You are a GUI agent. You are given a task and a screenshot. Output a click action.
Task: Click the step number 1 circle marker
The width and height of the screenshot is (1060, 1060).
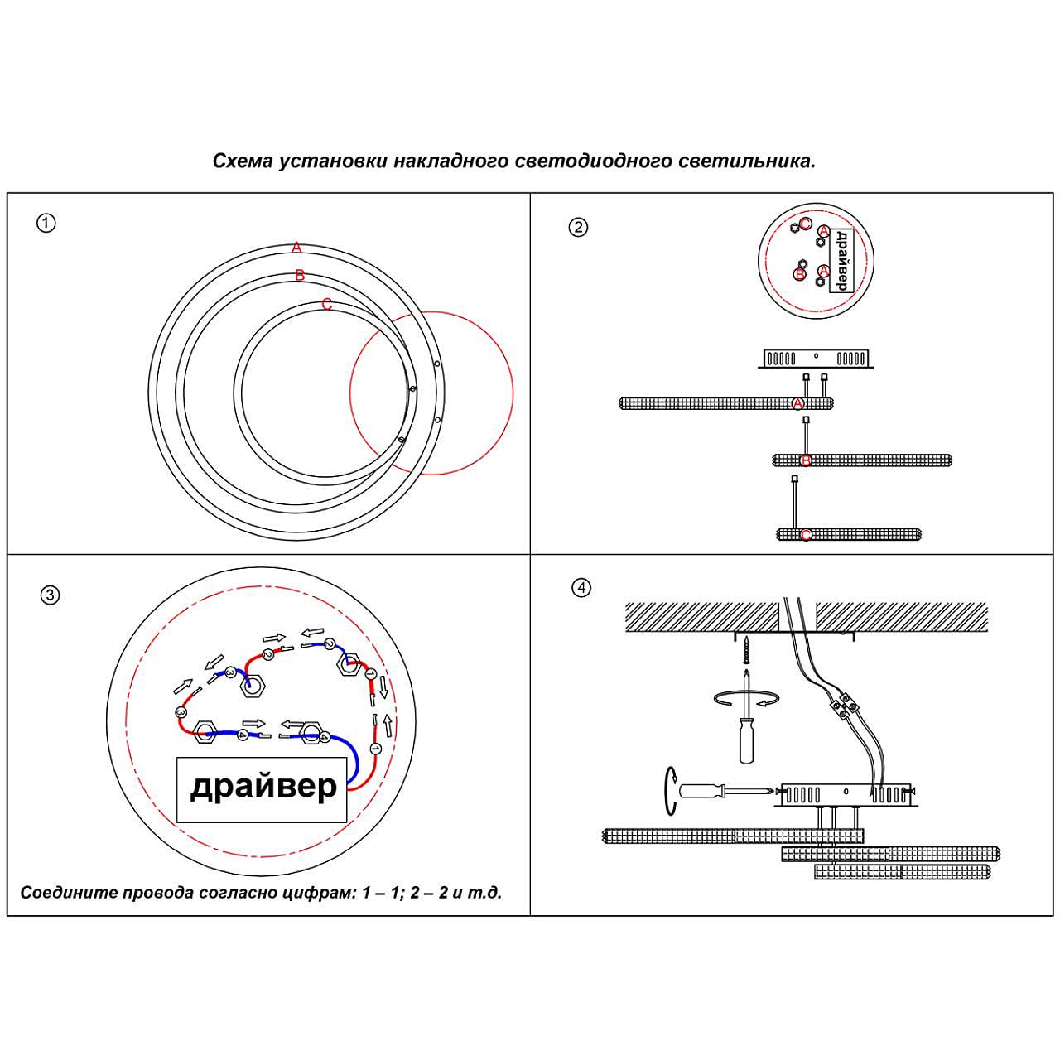[46, 223]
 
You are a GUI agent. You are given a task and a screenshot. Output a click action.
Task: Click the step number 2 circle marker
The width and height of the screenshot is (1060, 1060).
[578, 227]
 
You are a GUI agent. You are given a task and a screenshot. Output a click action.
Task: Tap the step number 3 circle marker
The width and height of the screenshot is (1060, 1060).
[50, 595]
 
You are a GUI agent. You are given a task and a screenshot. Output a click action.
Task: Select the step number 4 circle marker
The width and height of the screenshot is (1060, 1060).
[581, 588]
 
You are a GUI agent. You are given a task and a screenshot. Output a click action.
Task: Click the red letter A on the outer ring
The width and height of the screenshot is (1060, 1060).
[296, 248]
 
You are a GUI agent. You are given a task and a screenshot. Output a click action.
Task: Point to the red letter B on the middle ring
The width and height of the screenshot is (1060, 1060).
[300, 276]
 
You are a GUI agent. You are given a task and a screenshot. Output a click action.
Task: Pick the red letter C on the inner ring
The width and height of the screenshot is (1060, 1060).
[326, 305]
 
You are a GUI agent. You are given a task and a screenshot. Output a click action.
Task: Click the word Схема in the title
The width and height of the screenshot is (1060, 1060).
[242, 161]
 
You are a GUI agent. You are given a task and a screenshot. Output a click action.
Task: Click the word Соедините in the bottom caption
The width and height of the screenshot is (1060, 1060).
[67, 893]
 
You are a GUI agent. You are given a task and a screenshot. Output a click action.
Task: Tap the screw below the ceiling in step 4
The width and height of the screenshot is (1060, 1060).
[746, 649]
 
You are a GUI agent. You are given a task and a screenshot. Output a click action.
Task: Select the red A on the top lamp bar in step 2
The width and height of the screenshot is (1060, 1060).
[797, 403]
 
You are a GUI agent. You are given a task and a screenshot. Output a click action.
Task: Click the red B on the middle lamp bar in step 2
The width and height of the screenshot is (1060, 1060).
[806, 460]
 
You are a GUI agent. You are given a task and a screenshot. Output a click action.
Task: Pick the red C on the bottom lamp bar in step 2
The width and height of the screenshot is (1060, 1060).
[806, 535]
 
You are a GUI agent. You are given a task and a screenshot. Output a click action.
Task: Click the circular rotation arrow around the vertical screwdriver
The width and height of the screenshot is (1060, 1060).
[744, 701]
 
